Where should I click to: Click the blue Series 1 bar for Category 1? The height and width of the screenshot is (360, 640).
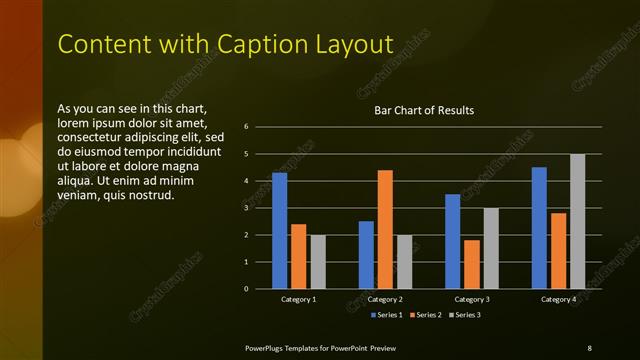pyautogui.click(x=280, y=231)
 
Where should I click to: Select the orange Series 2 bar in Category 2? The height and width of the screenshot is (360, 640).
pyautogui.click(x=385, y=229)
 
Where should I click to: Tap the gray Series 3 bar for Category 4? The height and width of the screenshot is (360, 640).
pyautogui.click(x=577, y=221)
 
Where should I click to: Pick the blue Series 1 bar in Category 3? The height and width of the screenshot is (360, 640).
pyautogui.click(x=453, y=241)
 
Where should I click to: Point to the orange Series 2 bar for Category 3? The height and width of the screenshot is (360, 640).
pyautogui.click(x=472, y=264)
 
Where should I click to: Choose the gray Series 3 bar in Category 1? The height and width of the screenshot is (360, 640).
pyautogui.click(x=318, y=262)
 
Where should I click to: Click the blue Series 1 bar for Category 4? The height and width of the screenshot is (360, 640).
pyautogui.click(x=539, y=228)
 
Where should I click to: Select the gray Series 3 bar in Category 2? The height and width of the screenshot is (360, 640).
pyautogui.click(x=404, y=262)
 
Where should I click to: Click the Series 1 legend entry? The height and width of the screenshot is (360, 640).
pyautogui.click(x=389, y=315)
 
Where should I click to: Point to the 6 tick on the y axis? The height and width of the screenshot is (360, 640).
pyautogui.click(x=260, y=127)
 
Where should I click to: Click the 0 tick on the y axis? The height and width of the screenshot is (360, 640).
pyautogui.click(x=260, y=289)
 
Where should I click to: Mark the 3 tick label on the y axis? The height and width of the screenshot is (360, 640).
pyautogui.click(x=260, y=208)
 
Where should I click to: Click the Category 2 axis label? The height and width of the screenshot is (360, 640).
pyautogui.click(x=386, y=299)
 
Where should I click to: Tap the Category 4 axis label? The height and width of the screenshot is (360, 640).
pyautogui.click(x=558, y=299)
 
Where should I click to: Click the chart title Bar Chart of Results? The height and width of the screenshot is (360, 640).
pyautogui.click(x=424, y=110)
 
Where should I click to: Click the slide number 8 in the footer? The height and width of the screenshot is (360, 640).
pyautogui.click(x=589, y=347)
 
